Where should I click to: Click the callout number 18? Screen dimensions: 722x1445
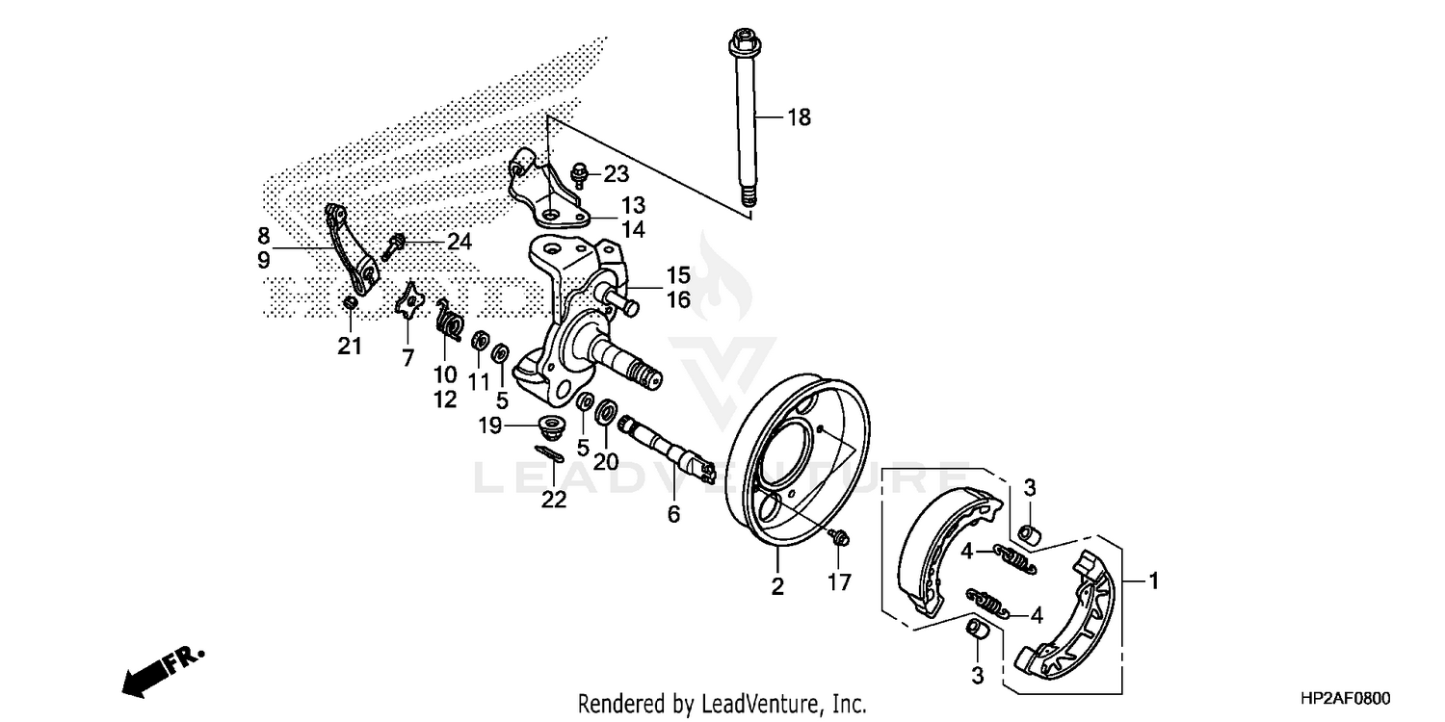point(799,117)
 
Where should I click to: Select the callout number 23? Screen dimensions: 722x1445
point(616,174)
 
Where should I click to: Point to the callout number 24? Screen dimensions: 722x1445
point(459,241)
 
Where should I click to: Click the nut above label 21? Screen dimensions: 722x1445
point(352,303)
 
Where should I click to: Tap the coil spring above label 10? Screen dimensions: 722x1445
point(448,319)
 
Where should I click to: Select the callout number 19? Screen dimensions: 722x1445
point(490,425)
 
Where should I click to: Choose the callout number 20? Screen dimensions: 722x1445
point(605,461)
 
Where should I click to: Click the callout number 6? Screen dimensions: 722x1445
point(673,515)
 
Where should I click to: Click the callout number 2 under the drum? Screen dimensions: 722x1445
point(777,586)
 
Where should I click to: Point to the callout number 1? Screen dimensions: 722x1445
point(1153,580)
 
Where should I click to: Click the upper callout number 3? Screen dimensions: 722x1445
point(1029,488)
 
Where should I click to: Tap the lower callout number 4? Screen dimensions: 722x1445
point(1037,614)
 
